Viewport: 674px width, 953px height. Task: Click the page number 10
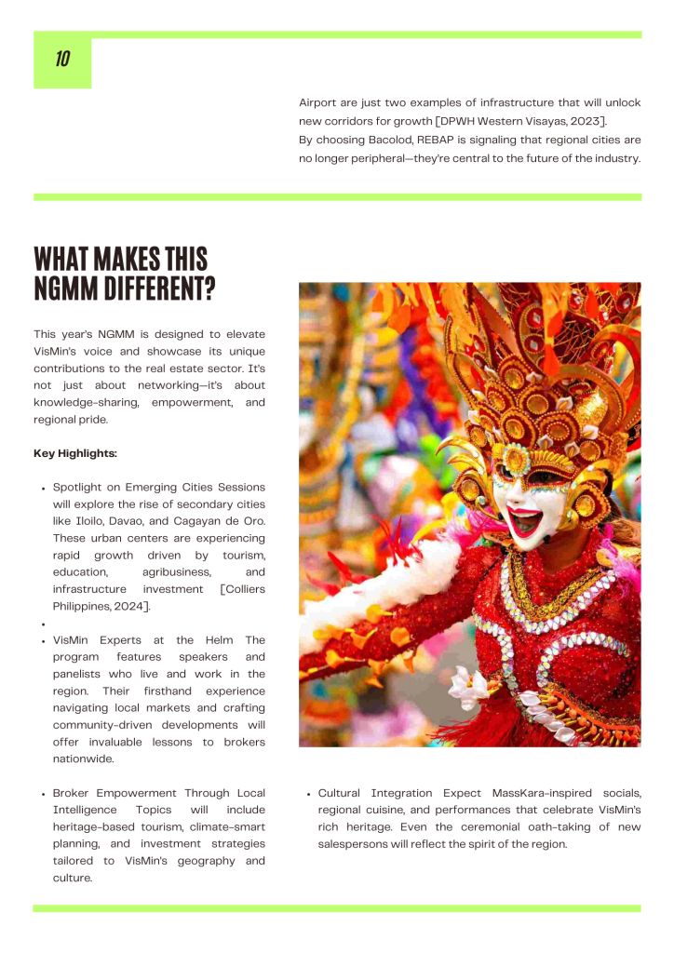[x=62, y=60]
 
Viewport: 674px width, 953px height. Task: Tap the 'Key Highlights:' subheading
[x=75, y=453]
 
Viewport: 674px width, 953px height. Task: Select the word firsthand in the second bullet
[x=168, y=691]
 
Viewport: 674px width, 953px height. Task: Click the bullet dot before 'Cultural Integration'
[x=308, y=794]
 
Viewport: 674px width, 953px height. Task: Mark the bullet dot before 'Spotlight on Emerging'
[x=43, y=488]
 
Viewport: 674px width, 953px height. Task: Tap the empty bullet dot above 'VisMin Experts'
[x=43, y=624]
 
